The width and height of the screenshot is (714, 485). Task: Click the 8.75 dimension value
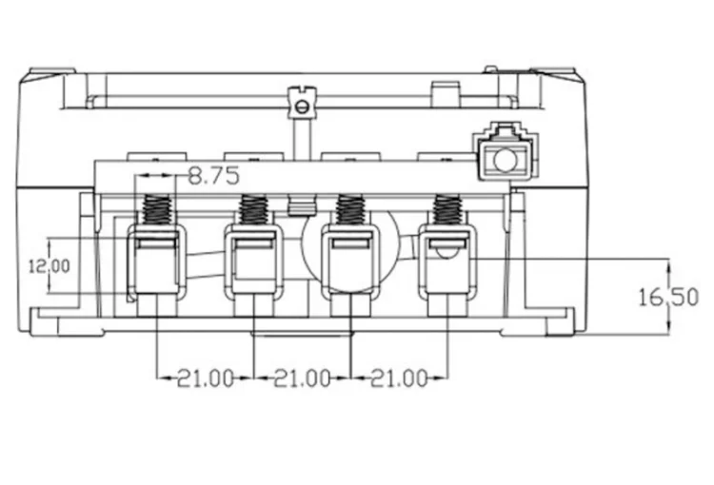click(213, 176)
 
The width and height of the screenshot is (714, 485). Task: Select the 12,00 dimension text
click(50, 266)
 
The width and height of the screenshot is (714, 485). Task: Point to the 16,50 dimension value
click(668, 298)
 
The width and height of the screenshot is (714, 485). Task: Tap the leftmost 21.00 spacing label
click(205, 378)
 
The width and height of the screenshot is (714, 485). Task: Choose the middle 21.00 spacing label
click(302, 378)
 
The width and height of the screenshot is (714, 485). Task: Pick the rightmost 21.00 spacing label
click(399, 378)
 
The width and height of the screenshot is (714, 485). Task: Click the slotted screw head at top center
click(302, 107)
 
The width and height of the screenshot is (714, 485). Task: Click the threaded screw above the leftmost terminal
click(157, 210)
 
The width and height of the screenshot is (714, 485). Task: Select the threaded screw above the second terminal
click(253, 210)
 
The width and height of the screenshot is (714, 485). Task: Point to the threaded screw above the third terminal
click(349, 210)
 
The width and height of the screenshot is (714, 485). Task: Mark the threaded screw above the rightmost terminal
click(447, 210)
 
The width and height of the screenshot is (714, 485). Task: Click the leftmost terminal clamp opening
click(156, 262)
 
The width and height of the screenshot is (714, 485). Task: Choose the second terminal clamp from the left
click(253, 262)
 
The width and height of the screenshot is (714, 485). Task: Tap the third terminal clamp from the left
click(350, 262)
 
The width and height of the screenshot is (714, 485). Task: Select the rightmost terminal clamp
click(447, 262)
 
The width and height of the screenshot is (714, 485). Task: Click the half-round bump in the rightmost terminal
click(447, 253)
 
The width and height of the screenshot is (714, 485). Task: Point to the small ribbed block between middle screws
click(302, 205)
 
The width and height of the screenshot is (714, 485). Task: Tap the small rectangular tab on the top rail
click(445, 95)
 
